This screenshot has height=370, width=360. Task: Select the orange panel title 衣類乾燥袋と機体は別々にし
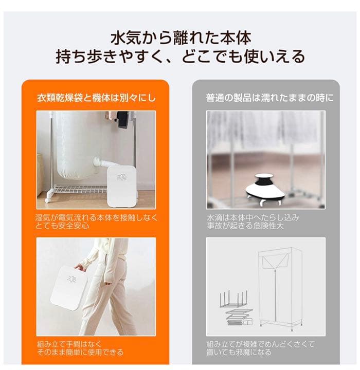(96, 97)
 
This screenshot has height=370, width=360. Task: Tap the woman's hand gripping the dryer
(79, 267)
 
